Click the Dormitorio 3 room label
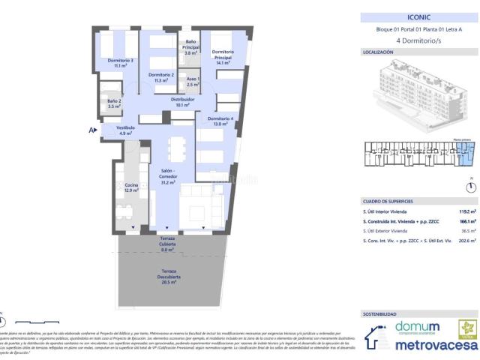(120, 63)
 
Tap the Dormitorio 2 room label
(161, 78)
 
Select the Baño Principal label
(191, 47)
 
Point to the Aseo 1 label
(193, 82)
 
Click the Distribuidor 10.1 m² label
(183, 102)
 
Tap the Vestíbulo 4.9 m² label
(126, 130)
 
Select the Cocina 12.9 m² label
(131, 187)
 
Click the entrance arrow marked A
(92, 130)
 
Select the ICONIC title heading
(419, 16)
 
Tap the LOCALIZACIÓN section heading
(379, 53)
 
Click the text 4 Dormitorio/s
(420, 40)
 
